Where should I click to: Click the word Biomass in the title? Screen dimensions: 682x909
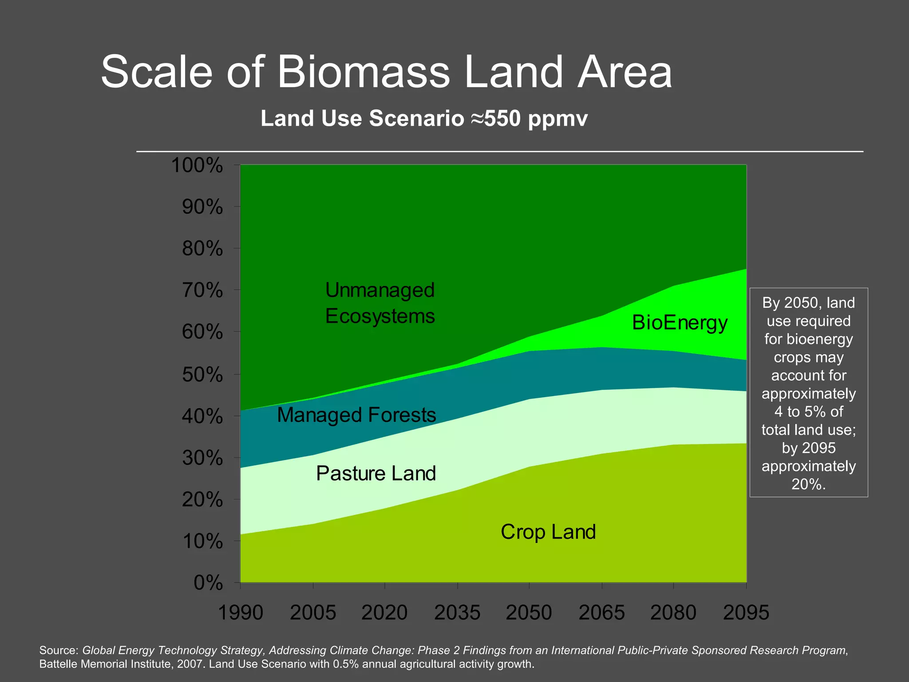click(x=364, y=72)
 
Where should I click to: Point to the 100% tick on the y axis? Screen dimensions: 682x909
click(x=197, y=166)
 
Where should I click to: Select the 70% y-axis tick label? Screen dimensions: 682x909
click(x=202, y=291)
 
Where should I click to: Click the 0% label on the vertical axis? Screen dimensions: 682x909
click(x=208, y=583)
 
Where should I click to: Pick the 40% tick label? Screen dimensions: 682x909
click(x=202, y=416)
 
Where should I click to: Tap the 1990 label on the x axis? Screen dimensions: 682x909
click(x=241, y=613)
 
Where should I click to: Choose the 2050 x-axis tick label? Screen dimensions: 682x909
click(x=529, y=613)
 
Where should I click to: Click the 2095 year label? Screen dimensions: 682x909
click(x=746, y=613)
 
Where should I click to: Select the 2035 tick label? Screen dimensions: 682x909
click(x=457, y=613)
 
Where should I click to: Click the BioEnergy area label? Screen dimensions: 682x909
click(x=680, y=323)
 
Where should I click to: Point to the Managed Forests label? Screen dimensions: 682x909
click(x=356, y=415)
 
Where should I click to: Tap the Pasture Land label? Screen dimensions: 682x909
click(x=376, y=473)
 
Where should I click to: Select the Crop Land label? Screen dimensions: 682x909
click(x=548, y=532)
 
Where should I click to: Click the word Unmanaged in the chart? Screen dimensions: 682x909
click(x=380, y=290)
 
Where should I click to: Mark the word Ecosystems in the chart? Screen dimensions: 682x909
click(x=380, y=316)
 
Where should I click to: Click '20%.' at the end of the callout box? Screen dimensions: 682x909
click(x=808, y=484)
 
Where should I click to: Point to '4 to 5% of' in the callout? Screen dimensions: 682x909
click(x=808, y=412)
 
